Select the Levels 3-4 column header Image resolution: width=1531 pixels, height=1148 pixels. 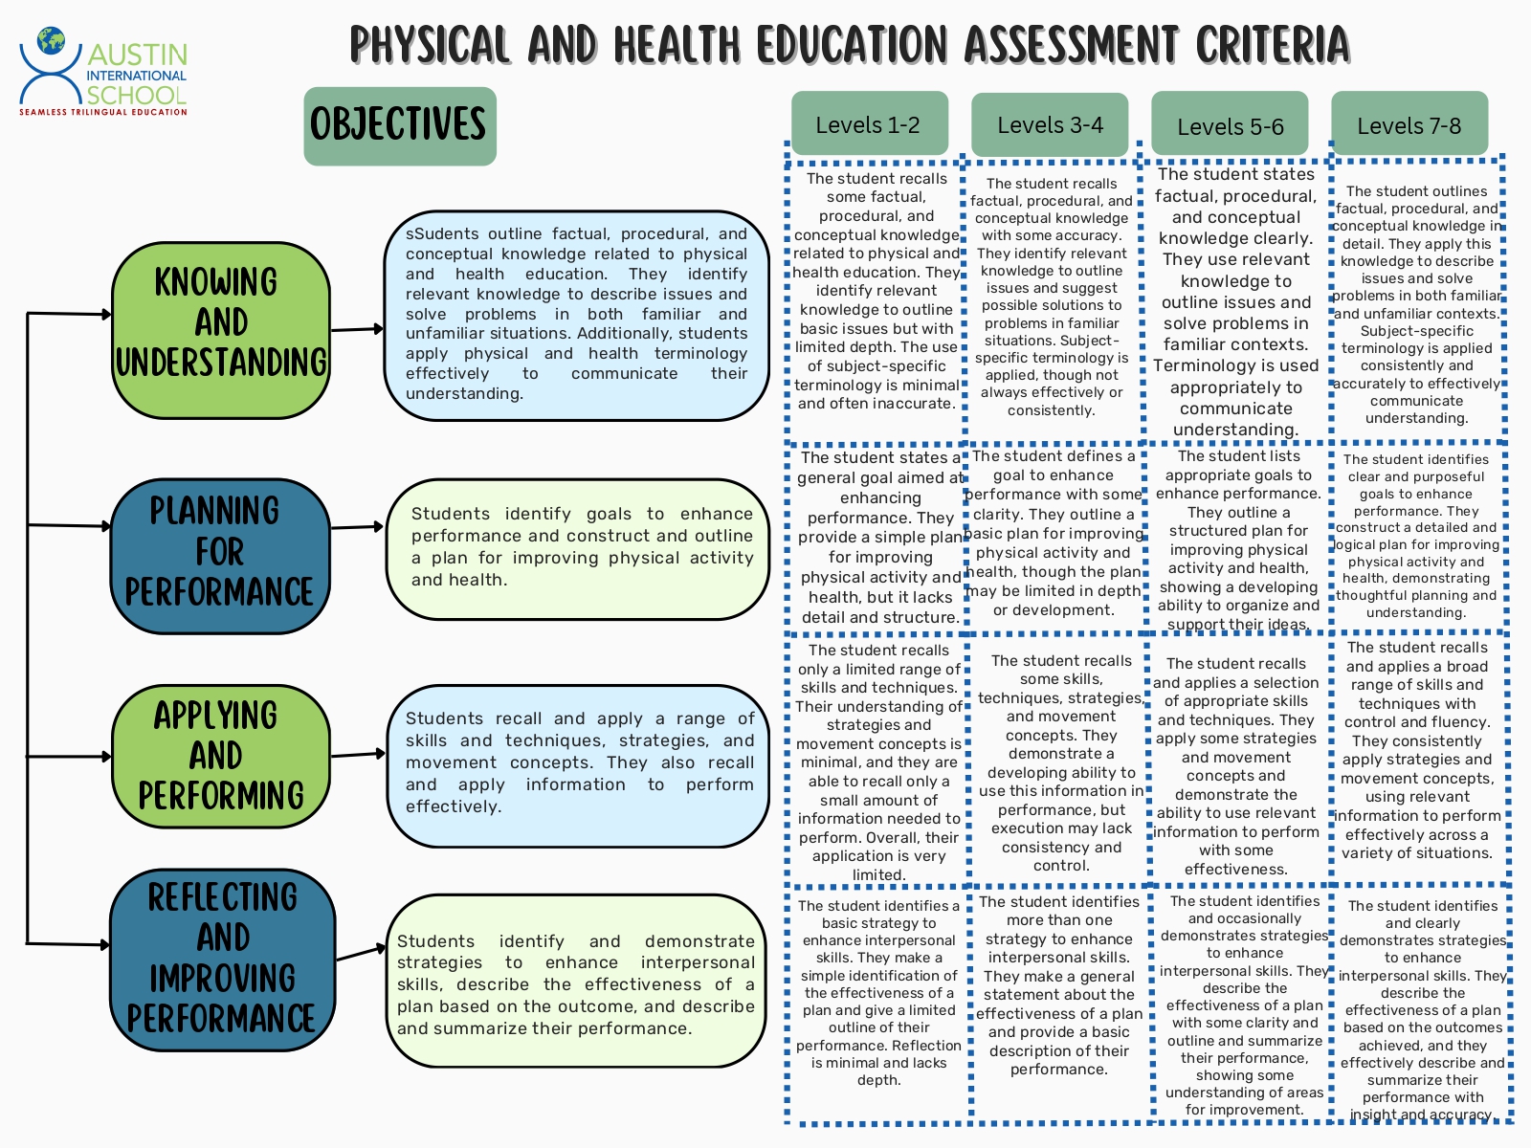point(1050,124)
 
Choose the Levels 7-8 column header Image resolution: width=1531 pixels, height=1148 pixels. point(1409,125)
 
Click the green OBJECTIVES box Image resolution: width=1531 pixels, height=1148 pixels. point(399,125)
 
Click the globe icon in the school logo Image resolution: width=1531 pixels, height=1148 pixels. point(51,41)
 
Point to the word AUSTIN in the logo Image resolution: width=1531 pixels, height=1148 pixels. point(137,55)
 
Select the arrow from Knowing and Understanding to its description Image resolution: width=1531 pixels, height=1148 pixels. point(357,329)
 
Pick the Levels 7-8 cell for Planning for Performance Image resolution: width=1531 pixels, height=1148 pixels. point(1416,536)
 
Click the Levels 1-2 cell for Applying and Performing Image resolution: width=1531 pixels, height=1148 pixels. point(878,761)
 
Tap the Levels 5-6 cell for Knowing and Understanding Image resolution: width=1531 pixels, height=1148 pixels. point(1235,301)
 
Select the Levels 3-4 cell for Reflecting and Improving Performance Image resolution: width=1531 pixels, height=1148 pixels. point(1059,985)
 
